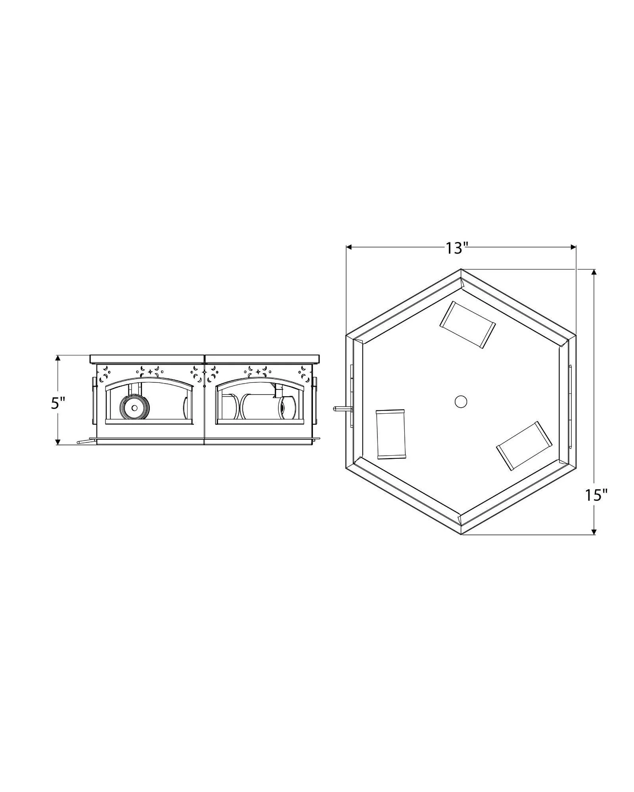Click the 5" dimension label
point(57,404)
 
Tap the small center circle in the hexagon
point(460,402)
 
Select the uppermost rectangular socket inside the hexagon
point(467,324)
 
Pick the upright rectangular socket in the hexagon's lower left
point(391,434)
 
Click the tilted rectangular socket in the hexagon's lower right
point(524,446)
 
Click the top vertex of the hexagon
point(461,270)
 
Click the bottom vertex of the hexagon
point(462,534)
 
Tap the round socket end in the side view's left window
point(134,408)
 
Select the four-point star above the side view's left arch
point(150,372)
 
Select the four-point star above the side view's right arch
point(259,372)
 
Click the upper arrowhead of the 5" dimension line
point(58,358)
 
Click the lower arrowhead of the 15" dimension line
point(594,531)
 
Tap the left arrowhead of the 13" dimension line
point(349,247)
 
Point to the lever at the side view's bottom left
point(84,441)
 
